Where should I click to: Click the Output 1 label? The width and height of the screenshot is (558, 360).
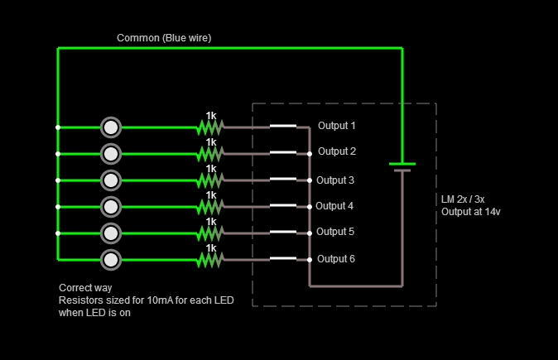(x=336, y=126)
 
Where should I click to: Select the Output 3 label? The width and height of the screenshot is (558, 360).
(x=335, y=180)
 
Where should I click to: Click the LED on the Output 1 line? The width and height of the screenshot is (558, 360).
(x=111, y=127)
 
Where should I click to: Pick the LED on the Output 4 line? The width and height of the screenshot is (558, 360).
(x=111, y=205)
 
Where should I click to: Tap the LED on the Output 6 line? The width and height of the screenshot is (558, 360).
(x=111, y=260)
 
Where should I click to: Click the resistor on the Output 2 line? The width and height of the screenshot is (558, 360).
(x=210, y=154)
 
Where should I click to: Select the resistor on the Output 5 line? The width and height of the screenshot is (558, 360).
(x=210, y=233)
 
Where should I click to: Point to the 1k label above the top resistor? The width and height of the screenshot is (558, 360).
(x=211, y=116)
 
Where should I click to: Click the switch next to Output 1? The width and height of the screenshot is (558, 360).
(x=282, y=127)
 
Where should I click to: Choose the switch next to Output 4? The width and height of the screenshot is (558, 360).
(x=282, y=205)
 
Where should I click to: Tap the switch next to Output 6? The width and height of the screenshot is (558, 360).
(x=282, y=258)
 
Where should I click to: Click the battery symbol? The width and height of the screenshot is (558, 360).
(x=402, y=167)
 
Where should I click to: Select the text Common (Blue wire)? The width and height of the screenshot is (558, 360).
(x=164, y=38)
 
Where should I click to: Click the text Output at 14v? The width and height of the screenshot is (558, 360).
(x=471, y=212)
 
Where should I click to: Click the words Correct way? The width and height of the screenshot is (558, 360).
(x=85, y=288)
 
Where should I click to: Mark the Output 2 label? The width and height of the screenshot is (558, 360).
(x=336, y=151)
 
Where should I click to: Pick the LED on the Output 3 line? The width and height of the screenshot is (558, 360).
(x=111, y=180)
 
